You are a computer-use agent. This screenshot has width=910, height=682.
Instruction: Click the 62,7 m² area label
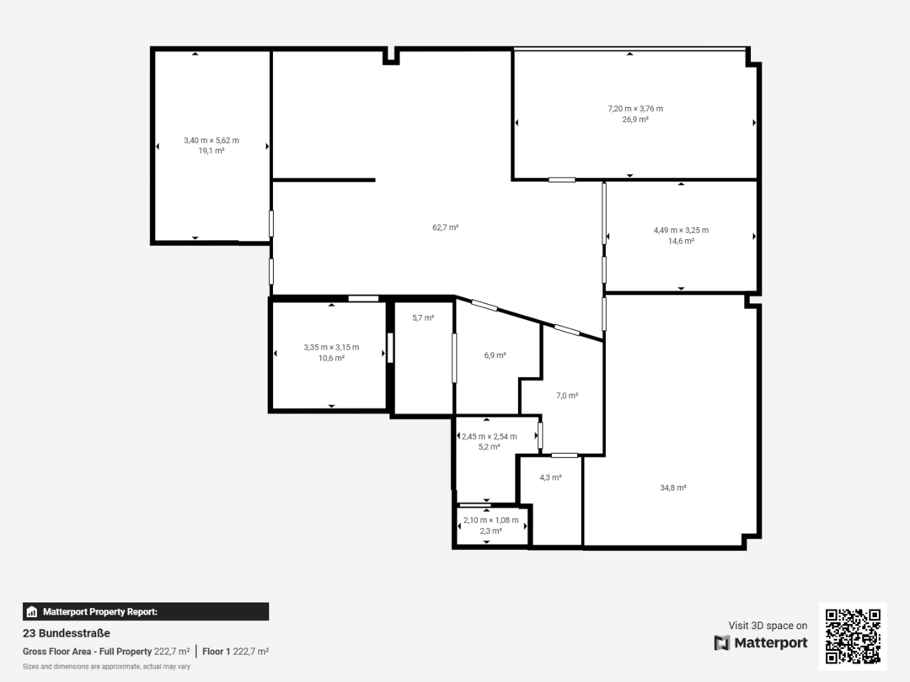(x=445, y=227)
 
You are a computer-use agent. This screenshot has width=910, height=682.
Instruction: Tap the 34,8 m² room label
(x=672, y=488)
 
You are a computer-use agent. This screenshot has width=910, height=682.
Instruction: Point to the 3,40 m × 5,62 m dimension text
(x=211, y=141)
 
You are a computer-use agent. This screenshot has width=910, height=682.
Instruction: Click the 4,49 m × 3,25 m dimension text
(x=681, y=230)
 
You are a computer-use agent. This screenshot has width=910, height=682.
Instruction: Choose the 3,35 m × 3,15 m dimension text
(x=331, y=347)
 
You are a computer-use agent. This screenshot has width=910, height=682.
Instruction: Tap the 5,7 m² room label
(x=423, y=317)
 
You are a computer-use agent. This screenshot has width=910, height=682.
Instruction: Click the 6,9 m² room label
(x=495, y=355)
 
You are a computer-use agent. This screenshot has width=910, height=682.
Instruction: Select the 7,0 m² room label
(x=567, y=395)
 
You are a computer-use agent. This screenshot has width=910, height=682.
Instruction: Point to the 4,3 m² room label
(x=550, y=477)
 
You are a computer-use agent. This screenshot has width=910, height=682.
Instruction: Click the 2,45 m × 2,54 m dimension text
(x=489, y=436)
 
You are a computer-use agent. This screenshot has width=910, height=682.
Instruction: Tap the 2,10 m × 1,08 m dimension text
(x=490, y=520)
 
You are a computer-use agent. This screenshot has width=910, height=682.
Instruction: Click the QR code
(x=853, y=636)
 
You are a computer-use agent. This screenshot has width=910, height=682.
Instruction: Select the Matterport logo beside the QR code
(x=761, y=643)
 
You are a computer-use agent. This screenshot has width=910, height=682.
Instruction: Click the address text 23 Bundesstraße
(x=67, y=633)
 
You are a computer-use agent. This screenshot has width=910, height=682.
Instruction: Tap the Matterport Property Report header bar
(x=146, y=612)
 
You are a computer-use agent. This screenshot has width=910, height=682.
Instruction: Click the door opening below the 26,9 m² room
(x=562, y=179)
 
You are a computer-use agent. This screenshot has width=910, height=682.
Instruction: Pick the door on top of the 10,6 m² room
(x=363, y=298)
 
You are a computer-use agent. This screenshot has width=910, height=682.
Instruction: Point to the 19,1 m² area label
(x=211, y=152)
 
